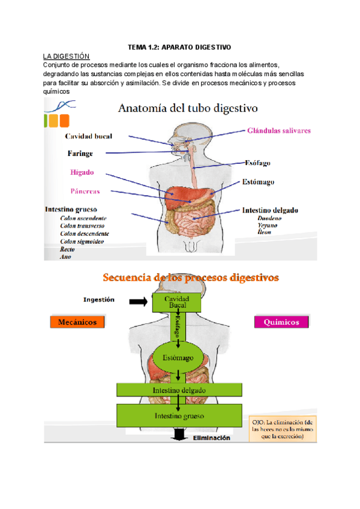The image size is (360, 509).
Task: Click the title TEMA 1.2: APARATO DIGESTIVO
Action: coord(179,47)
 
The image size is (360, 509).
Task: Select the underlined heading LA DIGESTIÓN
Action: coord(67,56)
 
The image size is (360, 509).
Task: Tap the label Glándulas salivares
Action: coord(278,130)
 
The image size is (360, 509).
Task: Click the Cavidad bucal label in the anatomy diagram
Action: coord(89,136)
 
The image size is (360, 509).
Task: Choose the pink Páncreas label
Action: coord(85,191)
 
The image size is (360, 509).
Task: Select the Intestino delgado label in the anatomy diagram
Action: coord(271,211)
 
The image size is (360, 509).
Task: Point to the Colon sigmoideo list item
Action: coord(82,241)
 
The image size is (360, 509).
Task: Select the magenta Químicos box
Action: coord(281,322)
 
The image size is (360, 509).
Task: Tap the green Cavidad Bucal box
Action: coord(178,303)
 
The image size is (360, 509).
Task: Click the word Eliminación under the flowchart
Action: coord(211,438)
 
